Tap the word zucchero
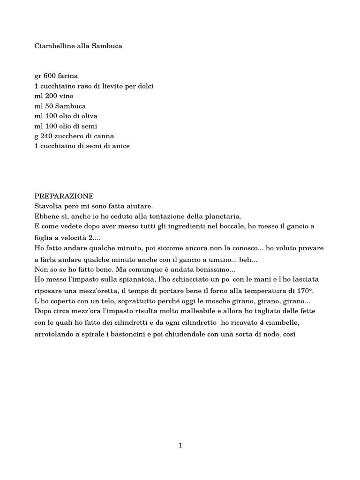71,136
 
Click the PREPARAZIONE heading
64,196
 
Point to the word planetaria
223,216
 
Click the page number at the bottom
180,445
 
